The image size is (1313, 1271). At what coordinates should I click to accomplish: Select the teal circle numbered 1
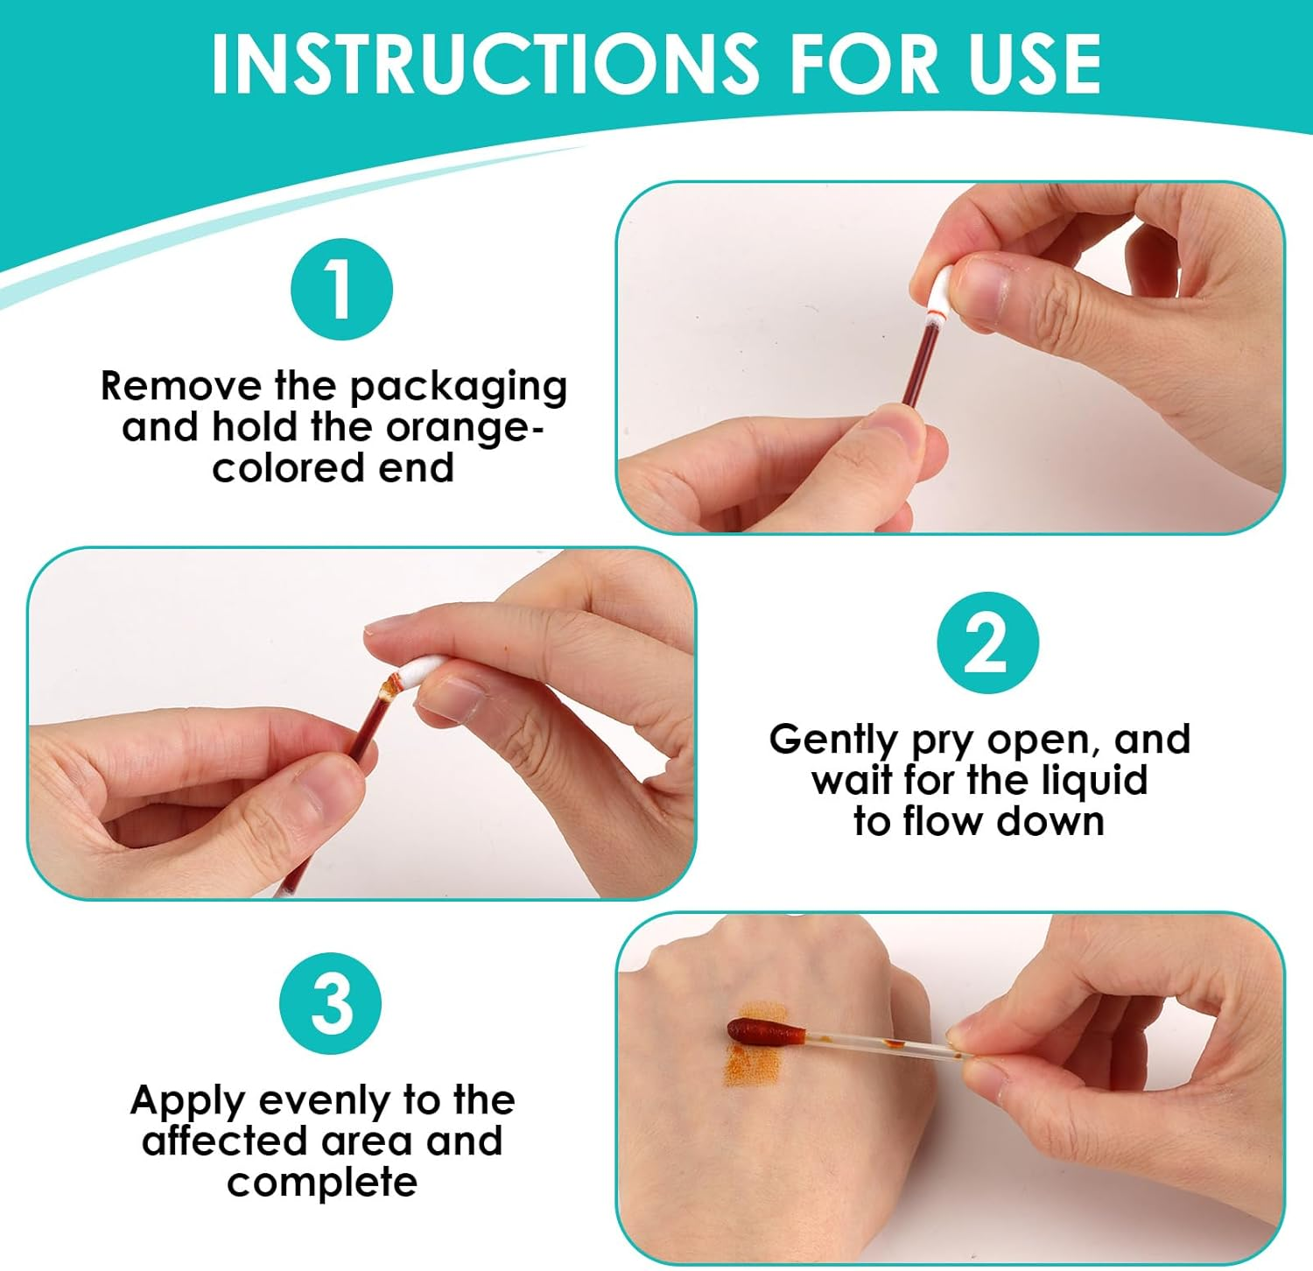[x=341, y=289]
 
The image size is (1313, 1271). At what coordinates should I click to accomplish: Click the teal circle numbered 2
[x=987, y=643]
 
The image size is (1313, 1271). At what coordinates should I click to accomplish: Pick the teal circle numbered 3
[x=331, y=1003]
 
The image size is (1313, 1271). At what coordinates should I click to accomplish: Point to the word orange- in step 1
[x=464, y=427]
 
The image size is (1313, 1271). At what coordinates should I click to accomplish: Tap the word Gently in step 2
[x=833, y=740]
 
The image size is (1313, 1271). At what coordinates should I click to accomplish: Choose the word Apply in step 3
[x=187, y=1100]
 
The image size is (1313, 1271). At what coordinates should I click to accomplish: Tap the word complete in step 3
[x=322, y=1182]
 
